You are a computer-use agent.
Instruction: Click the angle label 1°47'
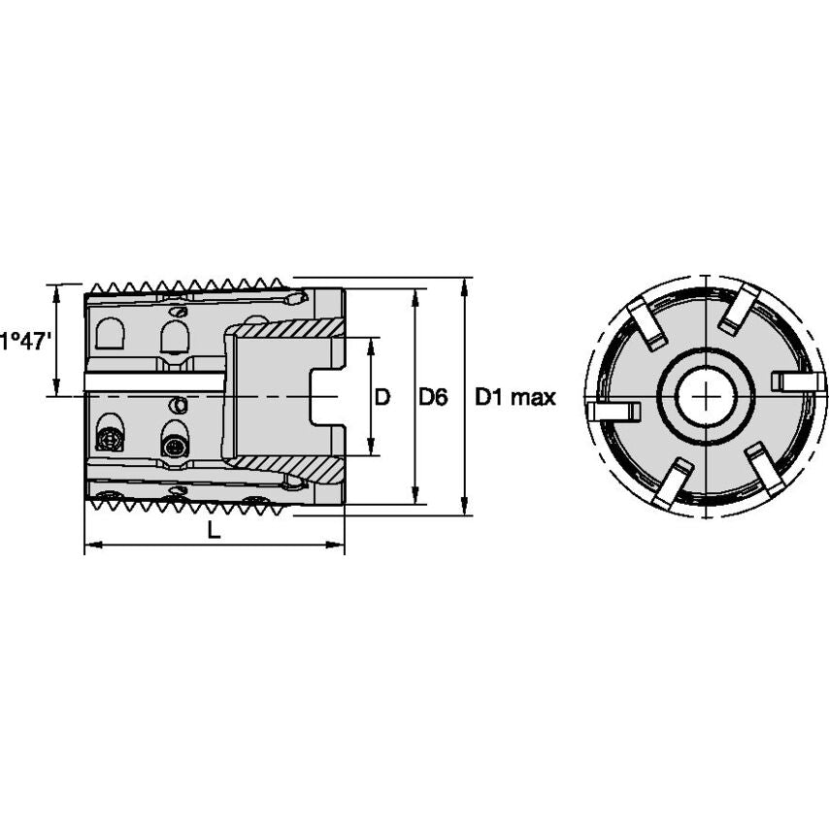[23, 341]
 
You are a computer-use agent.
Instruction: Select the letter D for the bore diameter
[382, 397]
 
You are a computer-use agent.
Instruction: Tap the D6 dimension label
[433, 397]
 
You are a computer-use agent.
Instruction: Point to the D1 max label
[514, 397]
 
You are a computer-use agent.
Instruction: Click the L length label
[215, 530]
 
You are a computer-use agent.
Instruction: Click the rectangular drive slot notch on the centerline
[325, 397]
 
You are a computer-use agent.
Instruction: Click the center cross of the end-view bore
[707, 397]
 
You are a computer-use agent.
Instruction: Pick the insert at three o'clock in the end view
[797, 381]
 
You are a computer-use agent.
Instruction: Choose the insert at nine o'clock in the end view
[614, 412]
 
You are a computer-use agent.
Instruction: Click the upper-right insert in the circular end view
[740, 308]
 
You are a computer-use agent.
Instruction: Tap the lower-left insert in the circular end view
[672, 483]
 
